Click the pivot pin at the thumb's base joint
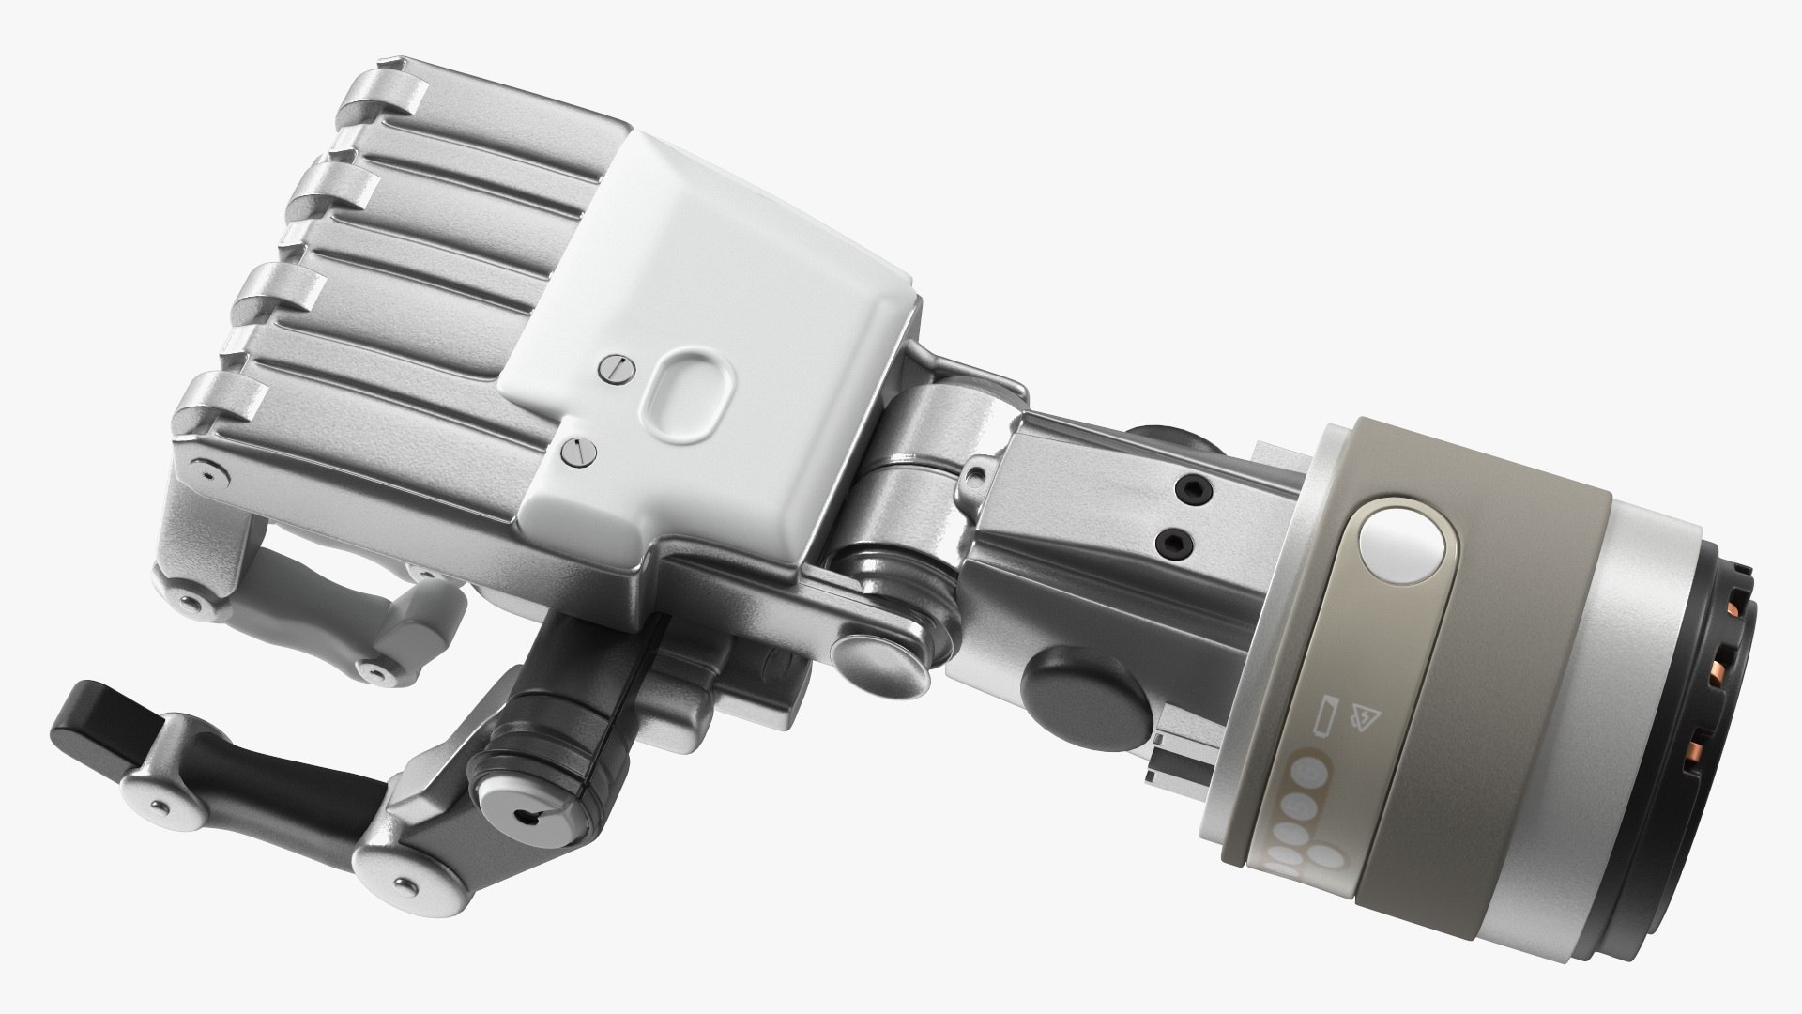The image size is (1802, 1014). coord(405,883)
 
